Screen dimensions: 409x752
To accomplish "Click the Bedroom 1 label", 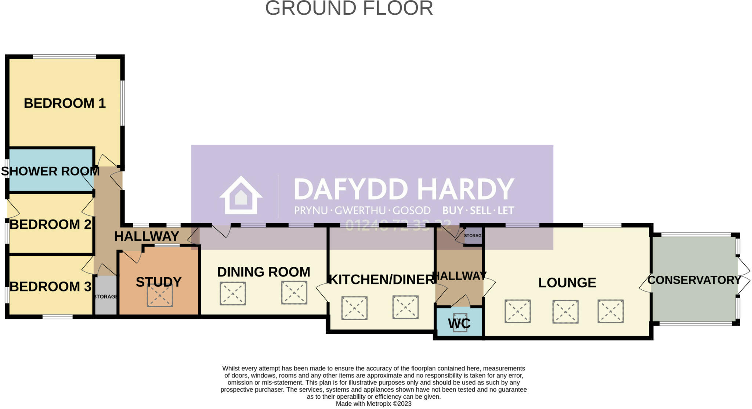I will (65, 103).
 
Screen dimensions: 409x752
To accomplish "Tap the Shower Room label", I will (50, 171).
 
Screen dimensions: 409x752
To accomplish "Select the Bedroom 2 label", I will (50, 224).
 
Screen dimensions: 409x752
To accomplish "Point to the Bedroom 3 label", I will (50, 286).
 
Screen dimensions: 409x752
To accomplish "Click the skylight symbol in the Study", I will (160, 295).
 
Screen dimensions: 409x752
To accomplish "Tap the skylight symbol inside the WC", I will (460, 322).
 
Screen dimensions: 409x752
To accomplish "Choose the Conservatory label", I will (694, 280).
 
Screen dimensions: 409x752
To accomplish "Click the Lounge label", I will (567, 283).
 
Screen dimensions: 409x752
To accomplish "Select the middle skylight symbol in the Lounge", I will (565, 312).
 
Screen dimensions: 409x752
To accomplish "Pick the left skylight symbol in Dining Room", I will (233, 293).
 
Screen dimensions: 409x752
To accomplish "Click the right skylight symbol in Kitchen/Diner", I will (405, 307).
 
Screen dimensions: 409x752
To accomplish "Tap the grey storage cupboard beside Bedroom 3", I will (106, 296).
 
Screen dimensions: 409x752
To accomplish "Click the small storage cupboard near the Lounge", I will (473, 235).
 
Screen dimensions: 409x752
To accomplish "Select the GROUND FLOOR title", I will (349, 8).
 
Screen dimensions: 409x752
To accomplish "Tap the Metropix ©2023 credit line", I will (373, 404).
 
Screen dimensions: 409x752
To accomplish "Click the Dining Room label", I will (264, 272).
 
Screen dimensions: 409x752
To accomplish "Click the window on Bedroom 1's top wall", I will (64, 57).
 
